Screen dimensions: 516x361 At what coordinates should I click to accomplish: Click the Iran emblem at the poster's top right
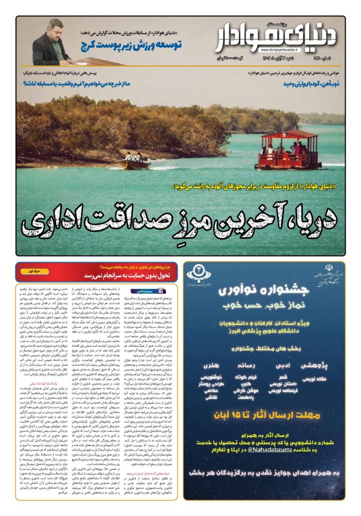[334, 273]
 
